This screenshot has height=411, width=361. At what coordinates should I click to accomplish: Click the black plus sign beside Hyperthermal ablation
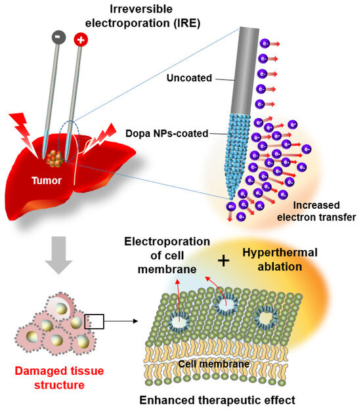click(224, 261)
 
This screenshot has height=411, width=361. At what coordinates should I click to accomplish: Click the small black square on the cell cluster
click(94, 321)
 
